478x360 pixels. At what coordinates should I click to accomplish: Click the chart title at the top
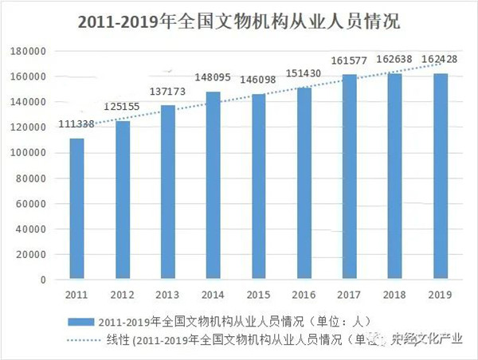click(239, 22)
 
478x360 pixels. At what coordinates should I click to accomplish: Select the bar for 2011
click(76, 209)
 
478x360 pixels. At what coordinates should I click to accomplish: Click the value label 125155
click(122, 108)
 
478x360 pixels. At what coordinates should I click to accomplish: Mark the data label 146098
click(259, 81)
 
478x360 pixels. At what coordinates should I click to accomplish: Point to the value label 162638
click(397, 61)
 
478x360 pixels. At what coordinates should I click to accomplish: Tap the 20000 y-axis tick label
click(32, 255)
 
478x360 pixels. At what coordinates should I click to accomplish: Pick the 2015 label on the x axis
click(259, 295)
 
